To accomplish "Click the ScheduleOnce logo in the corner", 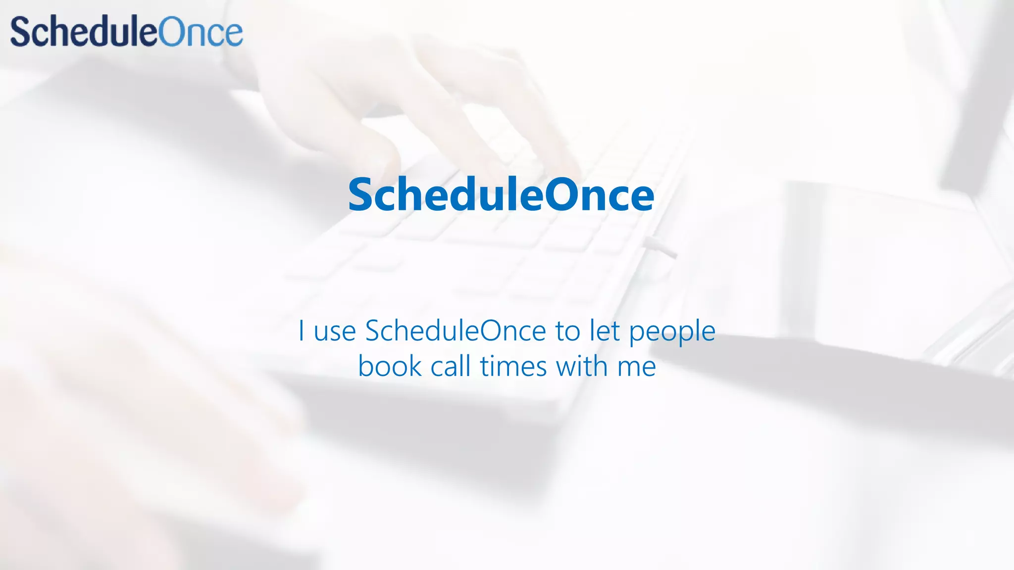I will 127,32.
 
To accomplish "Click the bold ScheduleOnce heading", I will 501,195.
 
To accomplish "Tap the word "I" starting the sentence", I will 301,331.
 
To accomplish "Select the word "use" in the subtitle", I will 335,332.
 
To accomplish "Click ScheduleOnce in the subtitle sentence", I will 456,331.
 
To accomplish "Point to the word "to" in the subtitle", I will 567,332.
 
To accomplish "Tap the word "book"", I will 390,367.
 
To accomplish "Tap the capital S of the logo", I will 21,32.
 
